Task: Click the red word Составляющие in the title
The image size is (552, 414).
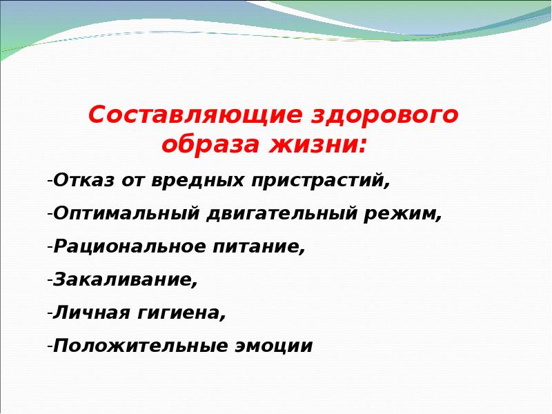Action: coord(195,115)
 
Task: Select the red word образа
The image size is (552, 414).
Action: coord(210,144)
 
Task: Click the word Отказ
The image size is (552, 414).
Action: coord(83,180)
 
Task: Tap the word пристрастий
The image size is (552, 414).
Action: coord(317,181)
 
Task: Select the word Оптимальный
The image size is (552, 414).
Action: coord(126,214)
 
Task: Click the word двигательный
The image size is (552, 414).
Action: coord(282,214)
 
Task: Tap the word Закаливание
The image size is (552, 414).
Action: coord(122,279)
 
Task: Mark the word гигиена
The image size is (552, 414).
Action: coord(178,313)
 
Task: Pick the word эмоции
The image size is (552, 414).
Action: coord(273,346)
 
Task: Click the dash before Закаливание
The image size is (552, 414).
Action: coord(50,281)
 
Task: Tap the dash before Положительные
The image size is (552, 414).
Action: coord(50,347)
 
